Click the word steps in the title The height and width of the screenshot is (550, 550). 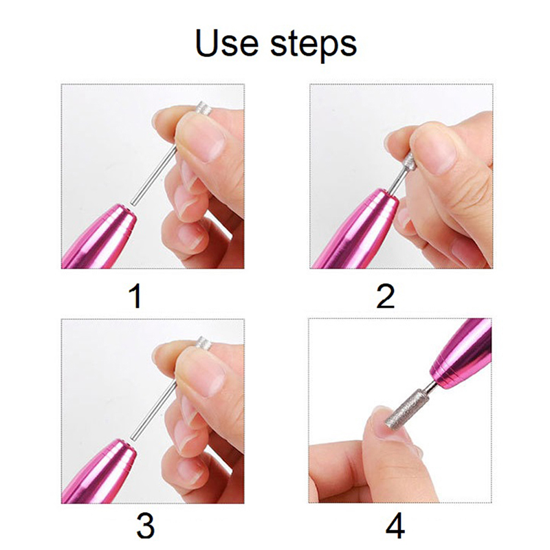313,46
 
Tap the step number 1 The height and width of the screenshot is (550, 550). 135,296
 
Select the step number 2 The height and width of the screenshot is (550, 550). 386,296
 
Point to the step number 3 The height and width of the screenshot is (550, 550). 145,525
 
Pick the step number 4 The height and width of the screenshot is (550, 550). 395,525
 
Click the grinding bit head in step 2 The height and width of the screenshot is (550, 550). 408,162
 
